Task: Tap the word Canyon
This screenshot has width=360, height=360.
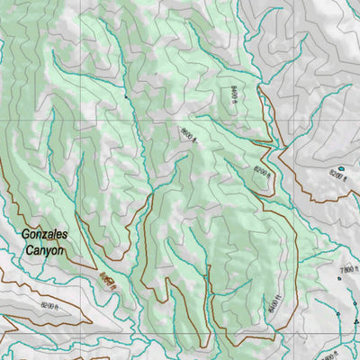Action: coord(44,251)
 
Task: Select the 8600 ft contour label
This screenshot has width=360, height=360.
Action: coord(187,134)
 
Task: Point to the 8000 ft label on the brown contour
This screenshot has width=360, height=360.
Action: coord(108,283)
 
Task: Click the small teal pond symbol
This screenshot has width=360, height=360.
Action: coord(340,167)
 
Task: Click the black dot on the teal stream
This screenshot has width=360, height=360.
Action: coord(124,93)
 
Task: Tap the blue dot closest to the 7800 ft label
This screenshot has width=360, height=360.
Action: coord(339,278)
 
